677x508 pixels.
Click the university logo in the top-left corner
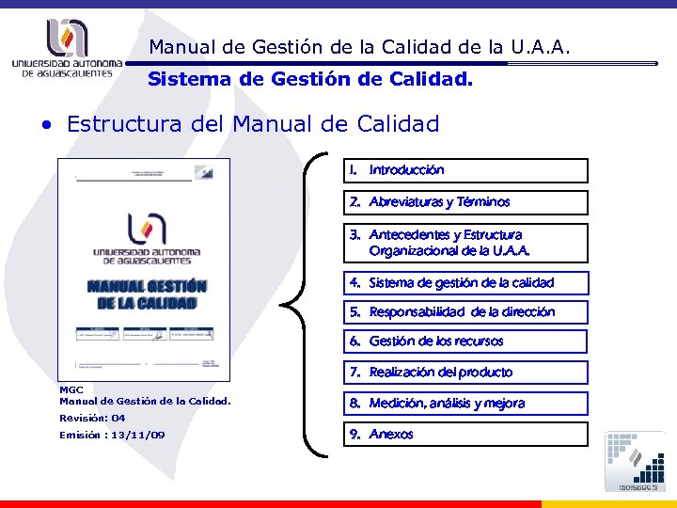point(67,48)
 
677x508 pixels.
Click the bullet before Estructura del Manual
point(44,124)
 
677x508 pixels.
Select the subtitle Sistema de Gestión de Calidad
point(310,80)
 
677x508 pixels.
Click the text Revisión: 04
point(92,418)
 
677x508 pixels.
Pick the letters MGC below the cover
point(71,389)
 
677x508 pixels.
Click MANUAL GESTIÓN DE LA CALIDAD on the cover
point(146,294)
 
